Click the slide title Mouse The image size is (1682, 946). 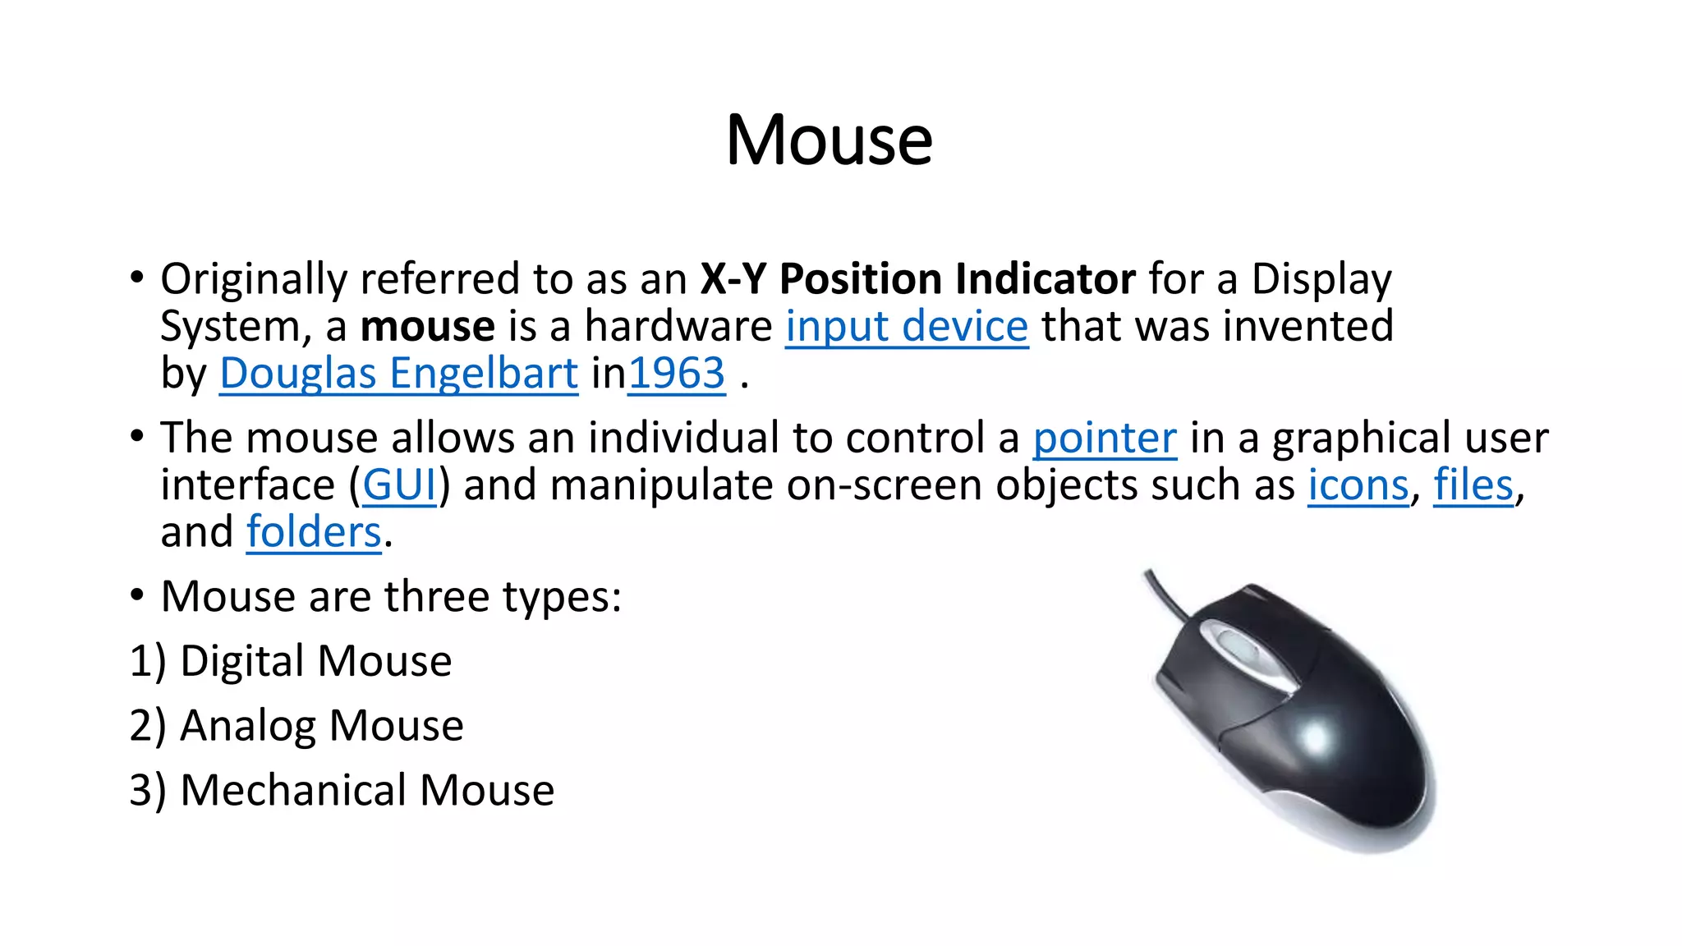[x=830, y=140]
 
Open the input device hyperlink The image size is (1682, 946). [x=907, y=327]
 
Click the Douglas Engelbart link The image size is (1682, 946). [x=398, y=374]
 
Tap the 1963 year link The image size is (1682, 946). [x=677, y=374]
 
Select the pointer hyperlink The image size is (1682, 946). [x=1105, y=438]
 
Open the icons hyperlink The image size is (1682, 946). [x=1358, y=485]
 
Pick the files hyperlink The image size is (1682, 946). [x=1473, y=485]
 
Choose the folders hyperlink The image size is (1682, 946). [x=314, y=532]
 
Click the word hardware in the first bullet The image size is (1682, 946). [x=678, y=327]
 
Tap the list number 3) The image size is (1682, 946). [x=148, y=790]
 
